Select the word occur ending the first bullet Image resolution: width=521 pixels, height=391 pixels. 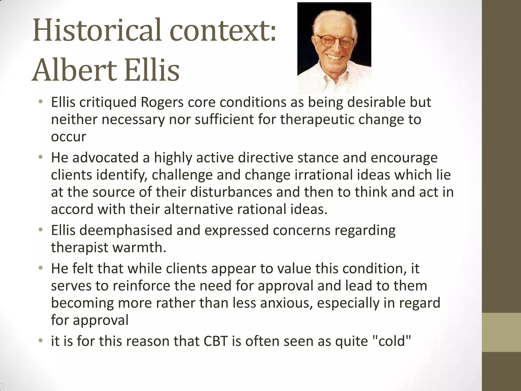point(68,137)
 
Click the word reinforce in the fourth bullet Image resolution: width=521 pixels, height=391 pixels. point(141,286)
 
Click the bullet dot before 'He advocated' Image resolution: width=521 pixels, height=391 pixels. point(40,158)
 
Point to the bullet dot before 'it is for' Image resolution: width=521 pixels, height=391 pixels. point(40,341)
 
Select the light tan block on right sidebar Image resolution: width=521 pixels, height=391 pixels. point(501,332)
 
